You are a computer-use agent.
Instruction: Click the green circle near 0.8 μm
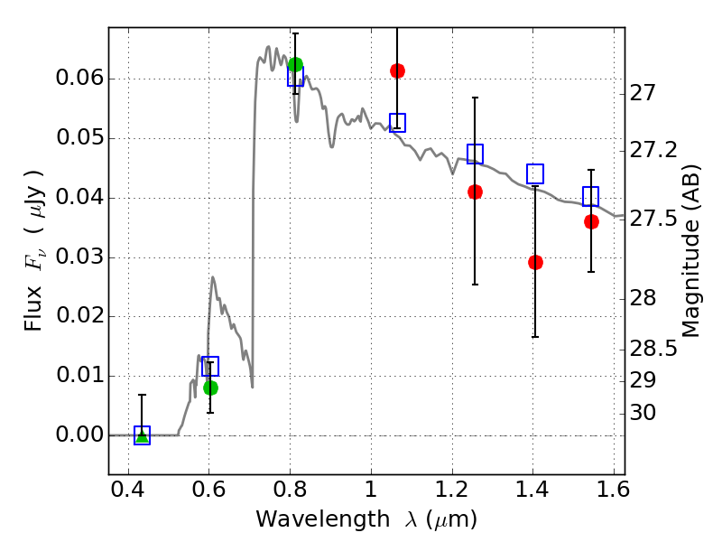click(x=295, y=64)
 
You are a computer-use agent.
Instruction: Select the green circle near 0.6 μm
click(x=210, y=388)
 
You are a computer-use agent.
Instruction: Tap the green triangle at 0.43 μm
click(x=142, y=436)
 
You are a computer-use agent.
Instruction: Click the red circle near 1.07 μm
click(x=397, y=70)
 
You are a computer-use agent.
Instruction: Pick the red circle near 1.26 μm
click(x=475, y=192)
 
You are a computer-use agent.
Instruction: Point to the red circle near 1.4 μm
click(x=535, y=262)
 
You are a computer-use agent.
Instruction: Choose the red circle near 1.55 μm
click(x=591, y=221)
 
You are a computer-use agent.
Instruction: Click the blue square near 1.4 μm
click(x=535, y=173)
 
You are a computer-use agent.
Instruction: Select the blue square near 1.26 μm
click(x=475, y=154)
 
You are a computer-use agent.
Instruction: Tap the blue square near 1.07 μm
click(x=397, y=123)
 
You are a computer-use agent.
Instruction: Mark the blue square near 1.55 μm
click(x=591, y=196)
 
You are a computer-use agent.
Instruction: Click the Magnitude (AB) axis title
click(x=692, y=250)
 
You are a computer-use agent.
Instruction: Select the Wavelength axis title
click(x=366, y=519)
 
